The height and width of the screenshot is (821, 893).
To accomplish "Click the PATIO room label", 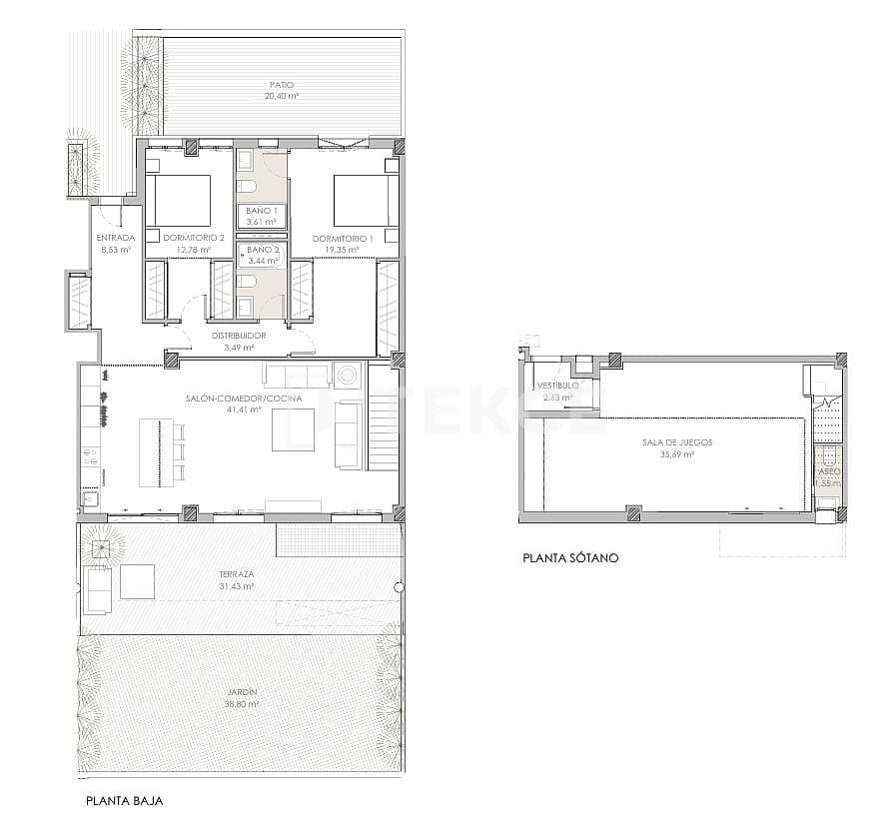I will click(x=282, y=85).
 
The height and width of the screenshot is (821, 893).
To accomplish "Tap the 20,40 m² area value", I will click(x=282, y=97).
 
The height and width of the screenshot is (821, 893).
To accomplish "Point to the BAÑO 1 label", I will click(x=262, y=210).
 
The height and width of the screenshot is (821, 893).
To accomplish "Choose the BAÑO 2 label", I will click(x=262, y=249).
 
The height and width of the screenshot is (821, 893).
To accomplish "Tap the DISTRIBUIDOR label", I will click(x=238, y=336).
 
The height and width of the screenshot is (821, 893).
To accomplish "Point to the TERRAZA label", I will click(x=237, y=574).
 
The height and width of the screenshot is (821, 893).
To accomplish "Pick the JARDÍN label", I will click(x=241, y=692).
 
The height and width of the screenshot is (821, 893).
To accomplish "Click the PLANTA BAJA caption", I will click(x=125, y=801).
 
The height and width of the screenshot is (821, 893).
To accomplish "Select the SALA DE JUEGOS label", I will click(x=677, y=441).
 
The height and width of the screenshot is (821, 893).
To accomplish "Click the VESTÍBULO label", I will click(x=555, y=386).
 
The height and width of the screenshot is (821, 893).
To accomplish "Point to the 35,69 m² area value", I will click(x=677, y=454).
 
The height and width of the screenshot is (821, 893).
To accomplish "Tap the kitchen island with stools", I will click(x=160, y=450).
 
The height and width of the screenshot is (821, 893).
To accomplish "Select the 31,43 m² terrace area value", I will click(x=237, y=587).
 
